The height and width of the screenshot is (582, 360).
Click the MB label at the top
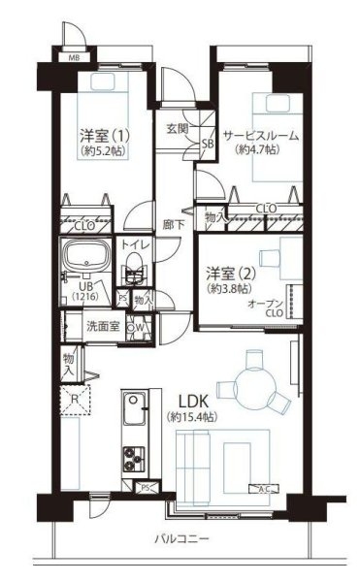click(x=73, y=58)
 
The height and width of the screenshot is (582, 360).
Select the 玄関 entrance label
click(x=176, y=129)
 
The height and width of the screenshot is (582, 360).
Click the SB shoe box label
click(x=207, y=145)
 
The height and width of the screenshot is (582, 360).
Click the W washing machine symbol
click(x=142, y=326)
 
